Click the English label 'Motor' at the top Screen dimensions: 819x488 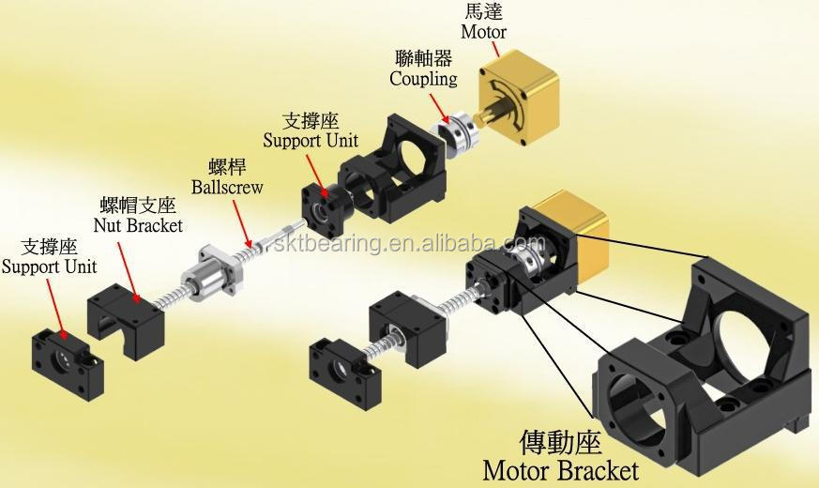483,31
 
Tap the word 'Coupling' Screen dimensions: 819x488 423,79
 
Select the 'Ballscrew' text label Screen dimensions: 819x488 227,187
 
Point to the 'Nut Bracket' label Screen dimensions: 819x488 138,225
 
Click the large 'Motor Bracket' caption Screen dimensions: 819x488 560,470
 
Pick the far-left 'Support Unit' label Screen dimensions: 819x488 49,267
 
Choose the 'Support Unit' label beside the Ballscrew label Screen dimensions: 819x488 311,141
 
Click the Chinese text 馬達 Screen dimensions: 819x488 483,11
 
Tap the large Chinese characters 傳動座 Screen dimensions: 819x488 560,441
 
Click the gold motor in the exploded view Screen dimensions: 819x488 518,98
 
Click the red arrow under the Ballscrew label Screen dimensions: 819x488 242,223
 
